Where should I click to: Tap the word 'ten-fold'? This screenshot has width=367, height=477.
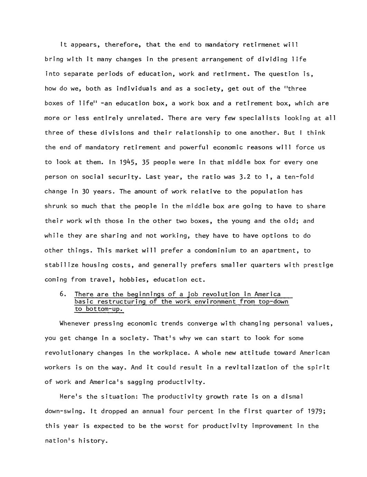click(x=299, y=177)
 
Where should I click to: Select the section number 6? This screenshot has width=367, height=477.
click(x=63, y=294)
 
